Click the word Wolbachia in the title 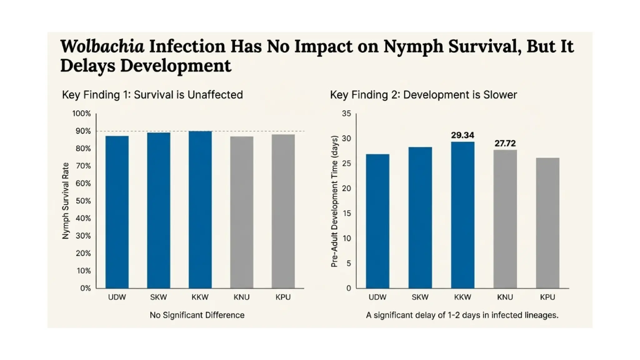coord(102,46)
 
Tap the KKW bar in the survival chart coord(200,209)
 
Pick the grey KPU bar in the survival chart coord(283,211)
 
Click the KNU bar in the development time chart coord(505,219)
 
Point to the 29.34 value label coord(462,135)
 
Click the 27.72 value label coord(505,143)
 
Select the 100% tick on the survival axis coord(82,113)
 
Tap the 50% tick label coord(83,201)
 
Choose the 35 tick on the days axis coord(346,113)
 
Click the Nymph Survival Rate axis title coord(65,201)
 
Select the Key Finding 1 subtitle coord(152,95)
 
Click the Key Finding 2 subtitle coord(423,95)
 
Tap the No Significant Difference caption coord(197,315)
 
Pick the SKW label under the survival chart coord(158,297)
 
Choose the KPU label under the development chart coord(547,297)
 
